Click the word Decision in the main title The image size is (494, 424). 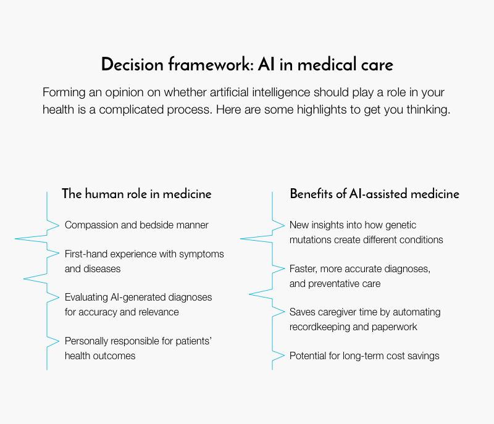click(x=132, y=64)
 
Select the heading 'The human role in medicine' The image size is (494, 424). click(x=136, y=194)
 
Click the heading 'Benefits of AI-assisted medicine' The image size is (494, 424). click(x=375, y=194)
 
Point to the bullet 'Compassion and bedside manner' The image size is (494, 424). click(x=136, y=225)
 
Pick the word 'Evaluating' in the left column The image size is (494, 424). click(x=86, y=297)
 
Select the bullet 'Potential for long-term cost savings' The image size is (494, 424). click(x=364, y=355)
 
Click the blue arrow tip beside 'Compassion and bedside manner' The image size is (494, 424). click(x=59, y=225)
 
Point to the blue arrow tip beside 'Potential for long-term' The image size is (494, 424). click(x=284, y=355)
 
